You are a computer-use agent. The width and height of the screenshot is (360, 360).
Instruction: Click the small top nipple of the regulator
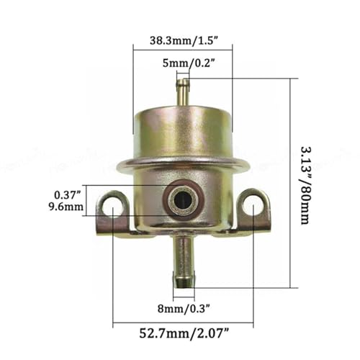183,91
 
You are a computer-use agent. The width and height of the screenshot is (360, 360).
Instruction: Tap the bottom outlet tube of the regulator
184,263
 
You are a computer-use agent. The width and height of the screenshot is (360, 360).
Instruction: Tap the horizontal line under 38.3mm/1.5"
183,49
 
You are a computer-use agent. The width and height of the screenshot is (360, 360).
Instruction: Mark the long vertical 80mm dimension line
289,183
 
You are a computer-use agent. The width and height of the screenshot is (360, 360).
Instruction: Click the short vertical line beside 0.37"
86,200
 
